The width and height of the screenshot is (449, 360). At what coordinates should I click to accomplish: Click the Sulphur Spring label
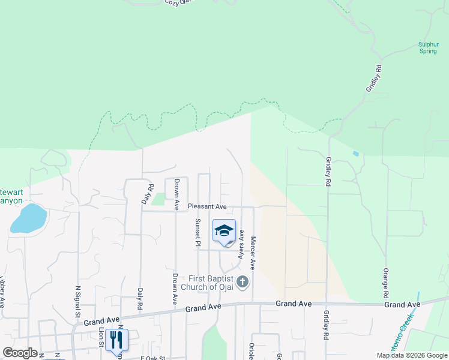pos(429,47)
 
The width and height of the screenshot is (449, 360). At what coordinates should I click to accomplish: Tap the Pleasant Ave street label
pos(206,206)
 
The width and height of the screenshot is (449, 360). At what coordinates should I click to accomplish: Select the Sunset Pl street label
pos(197,232)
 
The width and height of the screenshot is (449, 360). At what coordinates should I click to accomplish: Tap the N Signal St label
pos(77,302)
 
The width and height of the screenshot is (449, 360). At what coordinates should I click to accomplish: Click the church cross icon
pos(242,282)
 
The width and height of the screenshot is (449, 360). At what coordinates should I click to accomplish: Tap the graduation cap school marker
pos(224,230)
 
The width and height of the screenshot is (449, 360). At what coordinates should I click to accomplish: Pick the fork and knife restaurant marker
pos(115,339)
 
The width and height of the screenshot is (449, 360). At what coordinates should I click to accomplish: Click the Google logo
pos(20,353)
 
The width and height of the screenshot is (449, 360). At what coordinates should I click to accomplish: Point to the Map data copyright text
pos(411,355)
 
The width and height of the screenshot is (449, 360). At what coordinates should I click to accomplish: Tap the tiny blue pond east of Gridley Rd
pos(357,154)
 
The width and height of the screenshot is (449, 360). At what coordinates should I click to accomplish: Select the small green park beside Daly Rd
pos(158,199)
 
